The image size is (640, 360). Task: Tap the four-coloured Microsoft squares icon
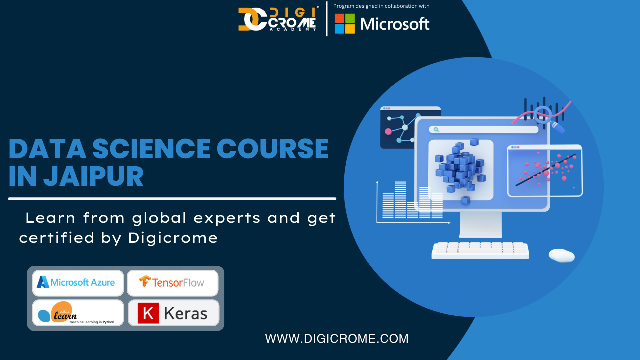pos(345,24)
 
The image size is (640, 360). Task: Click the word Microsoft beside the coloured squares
pos(395,24)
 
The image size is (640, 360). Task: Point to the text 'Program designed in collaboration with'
pos(381,6)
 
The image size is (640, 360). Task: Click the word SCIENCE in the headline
pos(151,148)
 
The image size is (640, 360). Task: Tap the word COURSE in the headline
pos(273,148)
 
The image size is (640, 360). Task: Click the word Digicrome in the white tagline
pos(173,237)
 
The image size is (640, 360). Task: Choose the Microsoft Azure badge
pos(78,283)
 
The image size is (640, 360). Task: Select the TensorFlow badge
pos(173,283)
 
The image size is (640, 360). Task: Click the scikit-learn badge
pos(78,313)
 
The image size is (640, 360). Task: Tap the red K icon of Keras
pos(148,313)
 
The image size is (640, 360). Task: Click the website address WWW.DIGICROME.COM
pos(337,339)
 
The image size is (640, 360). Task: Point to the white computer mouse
pos(561,255)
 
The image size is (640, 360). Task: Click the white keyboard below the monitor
pos(480,251)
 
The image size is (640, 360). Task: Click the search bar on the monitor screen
pos(483,129)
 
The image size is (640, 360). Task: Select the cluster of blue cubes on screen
pos(460,169)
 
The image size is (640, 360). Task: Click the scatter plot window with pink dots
pos(545,171)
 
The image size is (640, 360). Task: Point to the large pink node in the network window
pos(388,131)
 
